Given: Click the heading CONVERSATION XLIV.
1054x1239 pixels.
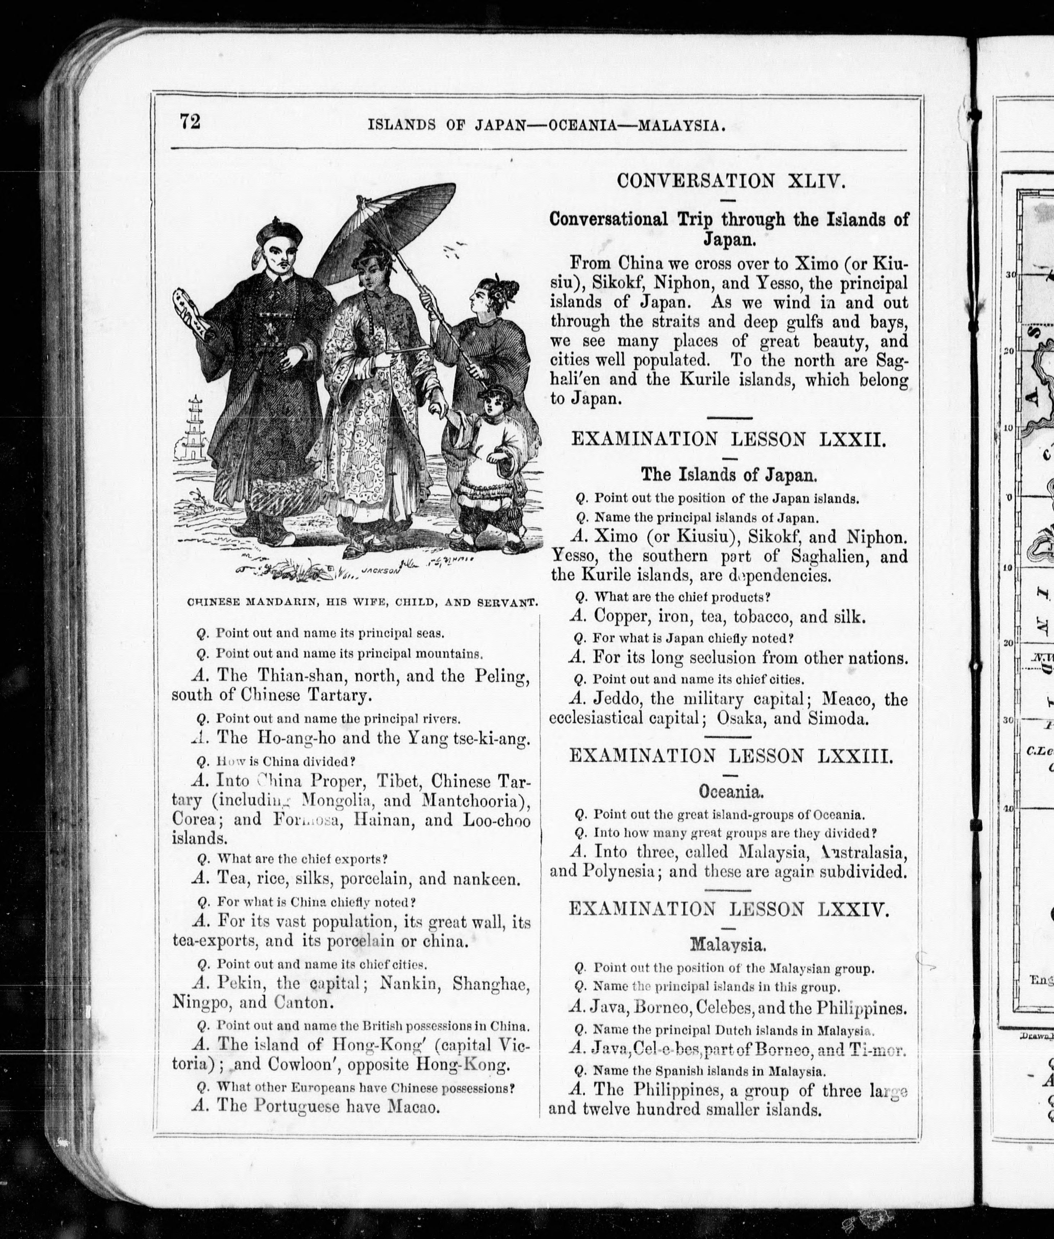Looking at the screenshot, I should pyautogui.click(x=731, y=180).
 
